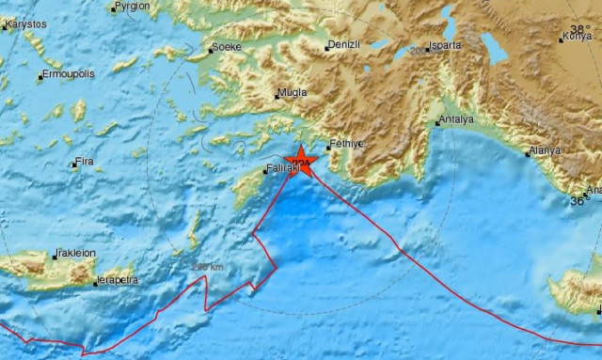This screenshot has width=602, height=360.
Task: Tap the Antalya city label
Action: tap(458, 120)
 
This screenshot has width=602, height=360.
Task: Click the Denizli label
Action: tap(342, 45)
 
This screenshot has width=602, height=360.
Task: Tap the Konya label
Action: tap(576, 38)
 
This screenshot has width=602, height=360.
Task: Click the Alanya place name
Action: tap(545, 150)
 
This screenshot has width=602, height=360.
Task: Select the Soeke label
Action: tap(228, 44)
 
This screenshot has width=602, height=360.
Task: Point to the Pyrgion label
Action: tap(131, 8)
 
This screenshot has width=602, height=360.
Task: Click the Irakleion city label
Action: tap(76, 253)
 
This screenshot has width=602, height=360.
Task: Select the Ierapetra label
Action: tap(119, 280)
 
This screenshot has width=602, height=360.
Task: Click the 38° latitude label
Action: tap(582, 29)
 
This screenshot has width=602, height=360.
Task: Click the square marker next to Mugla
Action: tap(277, 96)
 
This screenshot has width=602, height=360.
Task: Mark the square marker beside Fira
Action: tap(73, 165)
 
